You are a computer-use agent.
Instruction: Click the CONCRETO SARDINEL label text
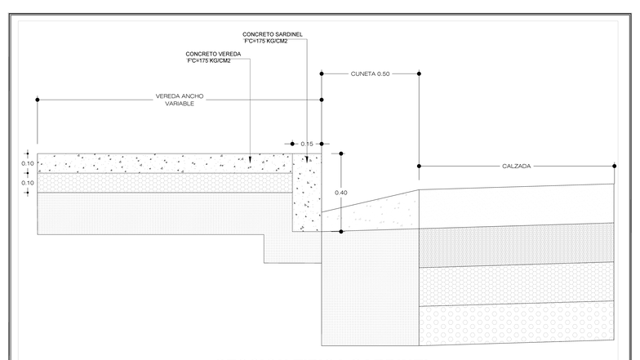coord(273,34)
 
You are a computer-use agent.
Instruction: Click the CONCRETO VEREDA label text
coord(213,54)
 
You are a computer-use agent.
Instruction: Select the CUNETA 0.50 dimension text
coord(371,73)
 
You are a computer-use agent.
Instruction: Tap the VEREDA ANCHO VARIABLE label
coord(180,100)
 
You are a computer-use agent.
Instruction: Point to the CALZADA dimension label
coord(516,167)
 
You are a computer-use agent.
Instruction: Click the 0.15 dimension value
coord(307,144)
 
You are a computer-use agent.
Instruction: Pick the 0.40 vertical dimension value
coord(341,193)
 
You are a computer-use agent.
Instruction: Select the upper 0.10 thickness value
coord(28,163)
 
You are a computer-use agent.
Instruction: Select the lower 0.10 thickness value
coord(28,183)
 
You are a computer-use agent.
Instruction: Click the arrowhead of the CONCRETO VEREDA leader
coord(250,160)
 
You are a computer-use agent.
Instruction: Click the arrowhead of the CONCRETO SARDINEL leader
coord(307,159)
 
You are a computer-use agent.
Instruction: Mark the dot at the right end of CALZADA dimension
coord(614,167)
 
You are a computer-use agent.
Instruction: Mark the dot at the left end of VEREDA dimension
coord(38,100)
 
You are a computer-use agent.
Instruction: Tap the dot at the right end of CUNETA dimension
coord(419,73)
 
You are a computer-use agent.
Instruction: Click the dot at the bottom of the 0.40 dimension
coord(341,232)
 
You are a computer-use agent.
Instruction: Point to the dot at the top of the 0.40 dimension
coord(341,153)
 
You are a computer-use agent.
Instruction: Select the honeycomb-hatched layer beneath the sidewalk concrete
coord(165,183)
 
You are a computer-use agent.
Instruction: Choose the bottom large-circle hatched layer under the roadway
coord(516,323)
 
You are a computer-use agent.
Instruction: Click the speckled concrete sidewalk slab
coord(165,163)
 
